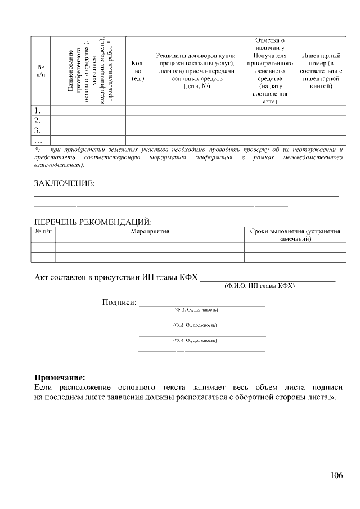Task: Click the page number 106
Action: [x=336, y=475]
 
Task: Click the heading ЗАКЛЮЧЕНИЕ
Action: [x=65, y=184]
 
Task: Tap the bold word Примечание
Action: [x=60, y=377]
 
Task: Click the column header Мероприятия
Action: [x=150, y=231]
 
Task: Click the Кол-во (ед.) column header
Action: [x=137, y=71]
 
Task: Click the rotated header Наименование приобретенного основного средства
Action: [x=87, y=71]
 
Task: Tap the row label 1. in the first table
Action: [x=38, y=110]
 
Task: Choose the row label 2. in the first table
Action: [x=38, y=120]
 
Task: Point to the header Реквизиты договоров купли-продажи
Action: [x=197, y=71]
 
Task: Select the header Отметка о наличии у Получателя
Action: [x=270, y=71]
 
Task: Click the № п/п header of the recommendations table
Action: [x=43, y=231]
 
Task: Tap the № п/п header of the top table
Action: [x=40, y=71]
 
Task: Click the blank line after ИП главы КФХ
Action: [x=268, y=278]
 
